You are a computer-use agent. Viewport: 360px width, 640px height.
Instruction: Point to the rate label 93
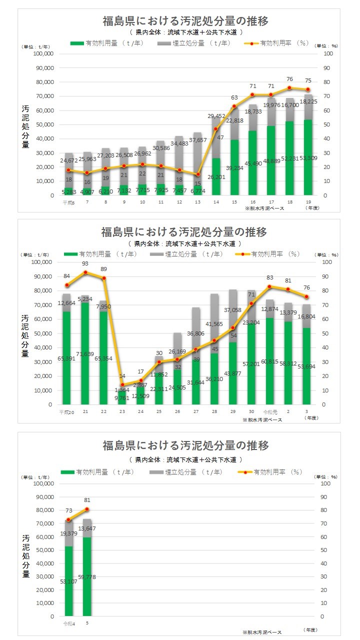coord(85,264)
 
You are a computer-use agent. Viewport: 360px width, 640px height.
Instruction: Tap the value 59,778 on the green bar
coord(87,577)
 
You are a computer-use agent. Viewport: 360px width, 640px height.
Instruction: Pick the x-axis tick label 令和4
coord(68,623)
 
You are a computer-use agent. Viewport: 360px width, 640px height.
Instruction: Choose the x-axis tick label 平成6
coord(68,202)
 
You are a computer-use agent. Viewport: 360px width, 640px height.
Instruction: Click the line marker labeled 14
coord(122,384)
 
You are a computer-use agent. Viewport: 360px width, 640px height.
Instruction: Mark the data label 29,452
coord(216,116)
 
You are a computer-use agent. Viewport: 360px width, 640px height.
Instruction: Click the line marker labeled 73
coord(68,519)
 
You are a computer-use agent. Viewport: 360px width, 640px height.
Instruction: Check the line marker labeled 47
coord(216,128)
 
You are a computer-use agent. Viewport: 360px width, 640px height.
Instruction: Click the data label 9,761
coord(122,398)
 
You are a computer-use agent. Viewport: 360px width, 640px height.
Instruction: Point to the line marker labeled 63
coord(234,106)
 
